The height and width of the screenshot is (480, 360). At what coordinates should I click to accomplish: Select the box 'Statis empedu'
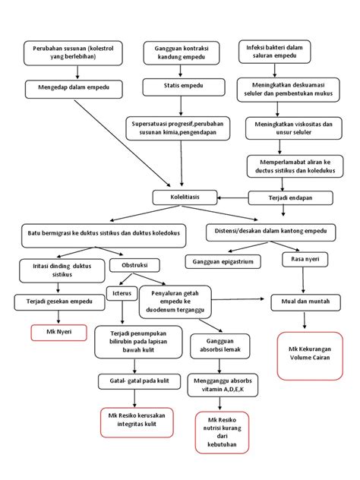(180, 88)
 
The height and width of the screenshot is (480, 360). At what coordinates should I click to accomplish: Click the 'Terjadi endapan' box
(292, 198)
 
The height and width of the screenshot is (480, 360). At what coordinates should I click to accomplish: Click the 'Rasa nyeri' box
(302, 260)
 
